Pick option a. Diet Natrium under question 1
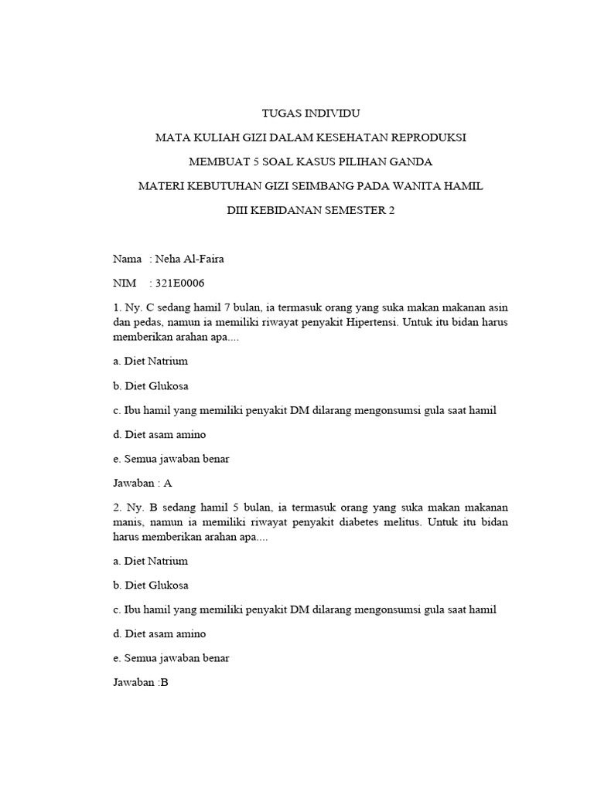(150, 361)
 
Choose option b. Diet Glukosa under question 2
(151, 585)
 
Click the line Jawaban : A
(142, 483)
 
